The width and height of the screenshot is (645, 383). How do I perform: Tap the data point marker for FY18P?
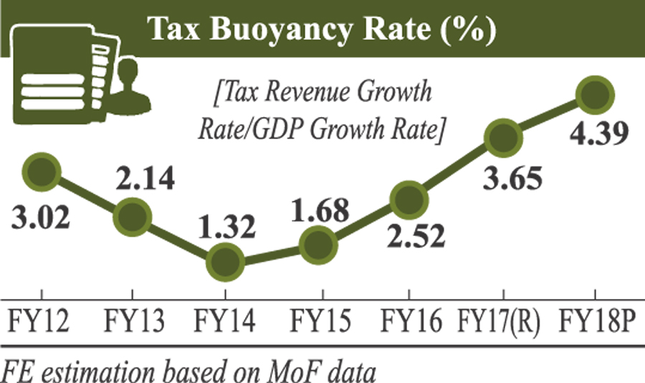click(x=596, y=95)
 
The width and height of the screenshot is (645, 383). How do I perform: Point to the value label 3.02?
click(x=41, y=216)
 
